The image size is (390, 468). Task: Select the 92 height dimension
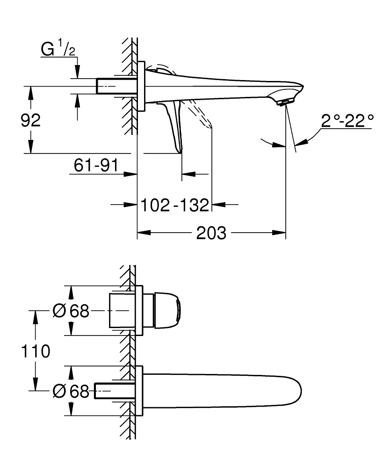pyautogui.click(x=30, y=120)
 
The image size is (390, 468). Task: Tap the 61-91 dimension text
pyautogui.click(x=95, y=165)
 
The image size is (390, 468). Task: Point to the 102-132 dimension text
pyautogui.click(x=175, y=205)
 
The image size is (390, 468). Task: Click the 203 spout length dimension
pyautogui.click(x=211, y=233)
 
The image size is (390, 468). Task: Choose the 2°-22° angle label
pyautogui.click(x=347, y=122)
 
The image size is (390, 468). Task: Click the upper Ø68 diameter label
pyautogui.click(x=71, y=311)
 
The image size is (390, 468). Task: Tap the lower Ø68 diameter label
pyautogui.click(x=71, y=391)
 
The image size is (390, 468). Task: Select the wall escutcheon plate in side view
pyautogui.click(x=142, y=86)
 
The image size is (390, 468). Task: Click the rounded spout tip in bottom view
pyautogui.click(x=292, y=391)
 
